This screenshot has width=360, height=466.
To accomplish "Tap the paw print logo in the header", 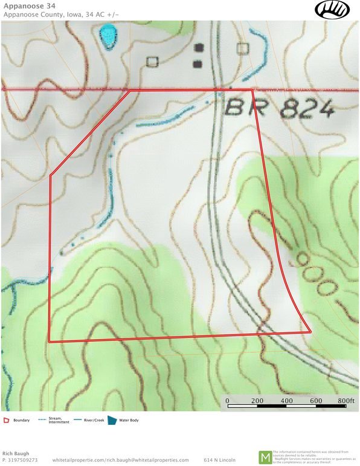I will click(331, 9).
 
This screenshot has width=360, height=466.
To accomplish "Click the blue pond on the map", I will click(108, 36).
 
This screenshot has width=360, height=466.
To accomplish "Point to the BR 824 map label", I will click(279, 109).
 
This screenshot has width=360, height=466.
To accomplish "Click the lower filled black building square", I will click(197, 63).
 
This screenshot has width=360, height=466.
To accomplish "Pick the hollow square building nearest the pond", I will click(152, 61).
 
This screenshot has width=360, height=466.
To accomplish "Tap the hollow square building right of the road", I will click(243, 48).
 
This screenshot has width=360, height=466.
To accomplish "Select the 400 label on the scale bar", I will click(287, 401).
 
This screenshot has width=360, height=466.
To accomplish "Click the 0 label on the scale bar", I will click(228, 401).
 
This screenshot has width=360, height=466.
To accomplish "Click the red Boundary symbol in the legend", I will click(6, 420).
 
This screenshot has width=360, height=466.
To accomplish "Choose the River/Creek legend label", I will click(92, 420).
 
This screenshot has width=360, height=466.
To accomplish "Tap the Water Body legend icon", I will click(112, 420).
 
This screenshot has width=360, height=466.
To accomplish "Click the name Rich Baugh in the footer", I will click(16, 453).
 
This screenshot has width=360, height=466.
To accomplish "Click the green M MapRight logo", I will click(265, 458).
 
